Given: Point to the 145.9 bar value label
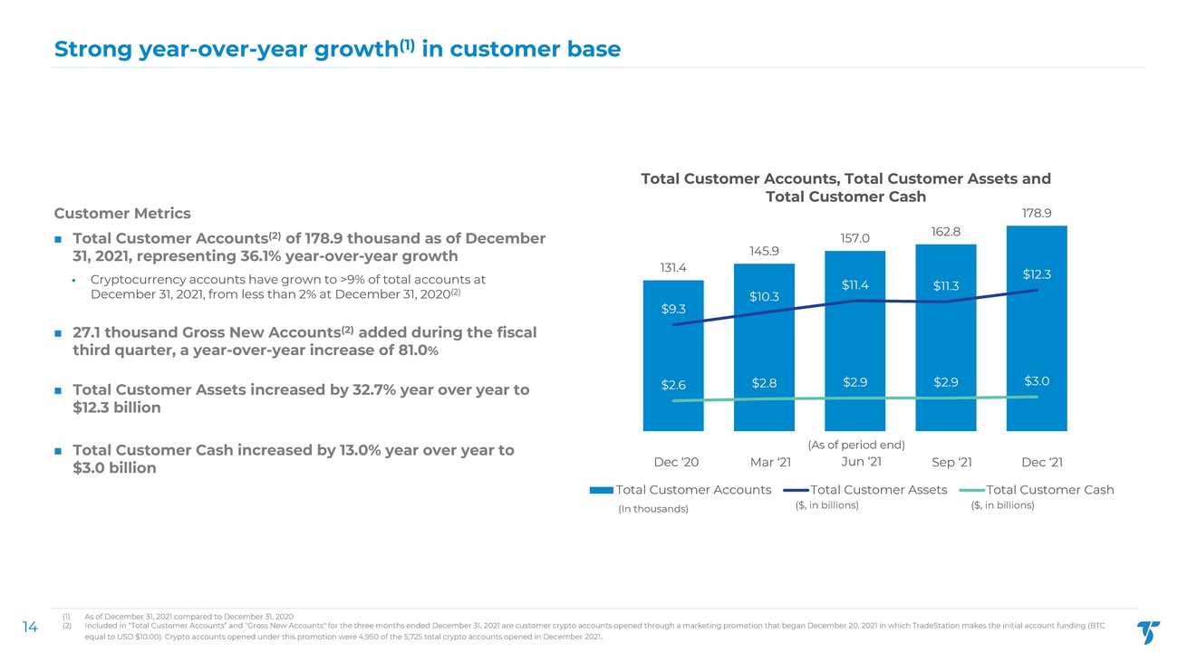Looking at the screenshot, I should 764,251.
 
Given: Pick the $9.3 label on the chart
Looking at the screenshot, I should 673,309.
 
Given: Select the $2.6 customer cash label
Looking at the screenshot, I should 673,385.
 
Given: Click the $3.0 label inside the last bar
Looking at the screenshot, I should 1037,381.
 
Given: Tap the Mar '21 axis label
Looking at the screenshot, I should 771,463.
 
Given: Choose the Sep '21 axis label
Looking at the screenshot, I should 951,463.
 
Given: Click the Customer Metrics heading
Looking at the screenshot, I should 122,214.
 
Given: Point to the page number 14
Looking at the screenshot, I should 29,626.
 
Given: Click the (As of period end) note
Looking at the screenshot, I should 856,445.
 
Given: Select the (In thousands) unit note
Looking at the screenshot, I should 652,509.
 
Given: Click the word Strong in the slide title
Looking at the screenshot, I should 92,49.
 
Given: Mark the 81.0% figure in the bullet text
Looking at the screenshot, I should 416,350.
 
